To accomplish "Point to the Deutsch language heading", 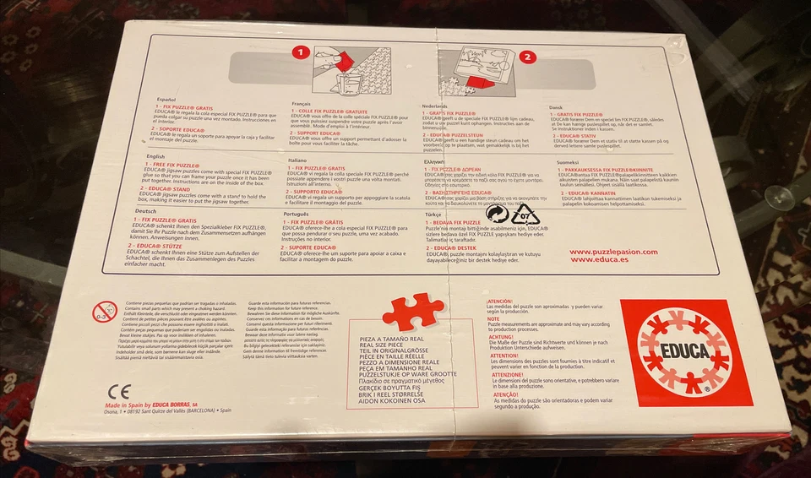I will click(146, 210).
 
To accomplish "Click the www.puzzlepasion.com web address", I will click(613, 252).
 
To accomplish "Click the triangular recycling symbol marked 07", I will click(525, 215).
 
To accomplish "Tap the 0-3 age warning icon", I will click(104, 312).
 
